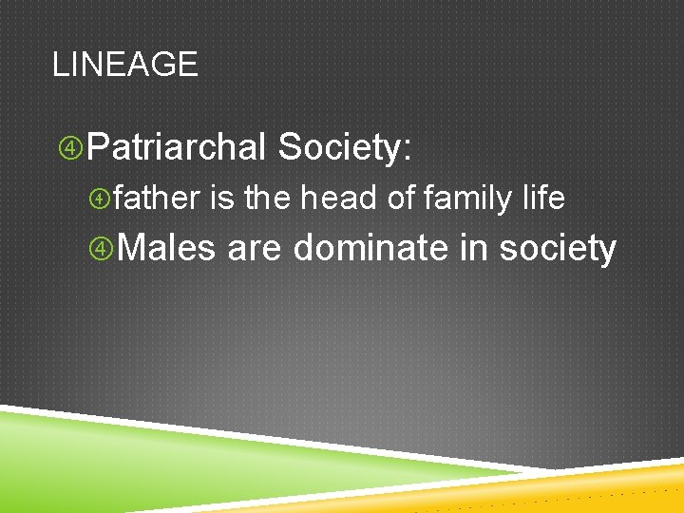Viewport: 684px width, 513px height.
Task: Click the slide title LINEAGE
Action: point(124,65)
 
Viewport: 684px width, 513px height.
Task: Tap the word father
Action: point(157,199)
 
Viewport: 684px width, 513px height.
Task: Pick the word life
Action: point(543,199)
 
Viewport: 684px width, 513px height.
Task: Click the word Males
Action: point(168,248)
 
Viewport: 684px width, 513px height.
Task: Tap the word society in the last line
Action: point(558,249)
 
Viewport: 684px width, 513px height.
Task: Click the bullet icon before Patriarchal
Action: point(70,148)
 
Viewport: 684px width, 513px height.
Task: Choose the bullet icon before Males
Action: point(102,249)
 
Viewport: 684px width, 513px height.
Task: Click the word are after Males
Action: point(255,249)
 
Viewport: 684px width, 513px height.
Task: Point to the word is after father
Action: point(221,199)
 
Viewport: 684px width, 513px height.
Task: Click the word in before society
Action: point(474,248)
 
